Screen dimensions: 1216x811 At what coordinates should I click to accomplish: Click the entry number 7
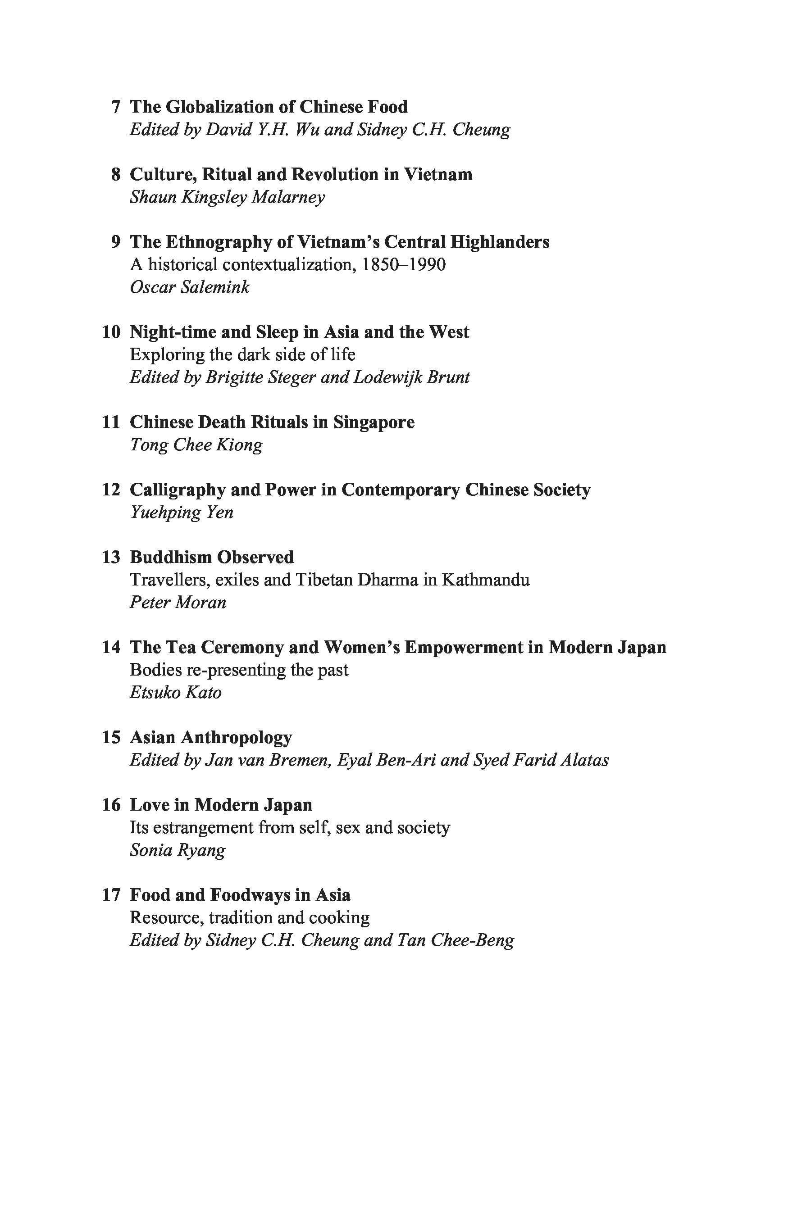click(116, 107)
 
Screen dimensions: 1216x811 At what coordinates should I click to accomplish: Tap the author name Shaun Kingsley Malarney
click(227, 197)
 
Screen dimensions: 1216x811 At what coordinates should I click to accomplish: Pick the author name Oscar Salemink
click(190, 287)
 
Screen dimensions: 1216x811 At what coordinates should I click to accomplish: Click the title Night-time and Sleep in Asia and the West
click(299, 332)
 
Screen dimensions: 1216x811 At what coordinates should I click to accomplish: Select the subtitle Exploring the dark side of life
click(242, 355)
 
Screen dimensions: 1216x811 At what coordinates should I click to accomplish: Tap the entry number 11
click(111, 422)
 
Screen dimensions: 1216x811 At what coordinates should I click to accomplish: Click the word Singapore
click(374, 422)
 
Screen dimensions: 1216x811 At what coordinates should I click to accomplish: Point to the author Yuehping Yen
click(182, 513)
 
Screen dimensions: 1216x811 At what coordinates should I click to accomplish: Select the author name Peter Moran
click(178, 602)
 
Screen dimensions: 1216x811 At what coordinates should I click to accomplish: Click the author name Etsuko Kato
click(175, 692)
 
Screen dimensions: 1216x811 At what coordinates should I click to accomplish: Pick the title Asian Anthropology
click(210, 737)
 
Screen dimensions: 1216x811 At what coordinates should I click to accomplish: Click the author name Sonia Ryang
click(178, 850)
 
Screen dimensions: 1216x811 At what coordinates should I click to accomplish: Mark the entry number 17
click(111, 895)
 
